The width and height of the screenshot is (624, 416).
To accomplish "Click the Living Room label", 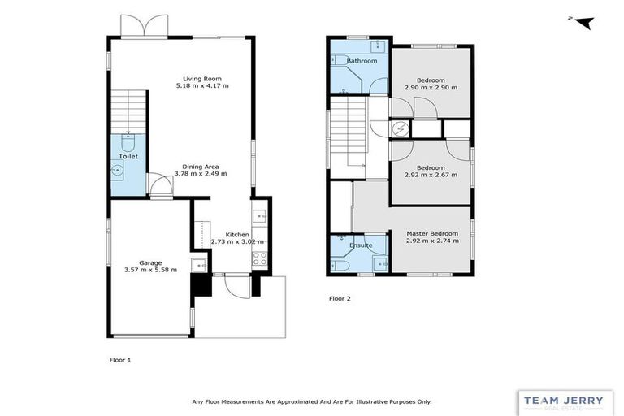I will pos(198,78).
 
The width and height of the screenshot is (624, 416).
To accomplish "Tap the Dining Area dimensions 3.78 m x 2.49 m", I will pos(199,173).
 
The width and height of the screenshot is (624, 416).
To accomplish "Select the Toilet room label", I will pos(128,155).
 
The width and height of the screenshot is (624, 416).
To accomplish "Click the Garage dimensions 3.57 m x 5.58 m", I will pos(149,270).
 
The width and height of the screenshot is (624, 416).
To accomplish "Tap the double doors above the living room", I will pos(145,26).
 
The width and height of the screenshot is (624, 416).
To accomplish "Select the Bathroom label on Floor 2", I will pos(362,61).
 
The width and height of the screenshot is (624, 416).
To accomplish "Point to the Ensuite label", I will pos(361,245).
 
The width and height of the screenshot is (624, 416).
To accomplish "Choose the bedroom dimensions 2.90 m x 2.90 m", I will pos(431,87).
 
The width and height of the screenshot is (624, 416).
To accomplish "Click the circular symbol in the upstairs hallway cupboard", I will pos(400,128).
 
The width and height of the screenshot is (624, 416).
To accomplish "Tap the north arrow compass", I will pos(582,22).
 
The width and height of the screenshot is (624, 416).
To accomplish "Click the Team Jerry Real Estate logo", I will pos(565,402).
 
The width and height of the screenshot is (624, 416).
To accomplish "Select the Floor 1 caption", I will pos(119,358).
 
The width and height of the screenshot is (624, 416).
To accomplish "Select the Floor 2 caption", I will pos(340,299).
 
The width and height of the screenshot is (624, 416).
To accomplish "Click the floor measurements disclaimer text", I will pos(311,401).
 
